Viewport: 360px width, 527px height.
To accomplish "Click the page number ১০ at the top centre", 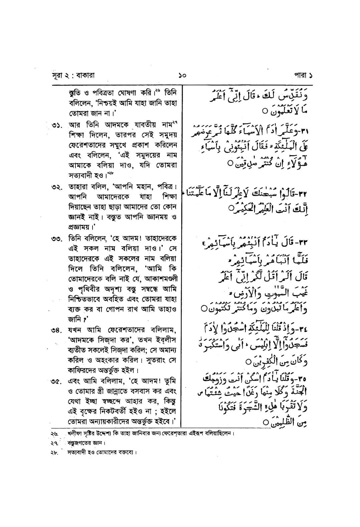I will tap(182, 75).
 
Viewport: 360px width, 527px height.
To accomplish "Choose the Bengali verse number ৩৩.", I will tap(58, 239).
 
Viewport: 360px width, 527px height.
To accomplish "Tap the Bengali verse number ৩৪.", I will tap(58, 330).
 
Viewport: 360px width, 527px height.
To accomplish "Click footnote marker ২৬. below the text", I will tap(54, 434).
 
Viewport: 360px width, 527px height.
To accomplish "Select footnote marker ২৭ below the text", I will tap(54, 443).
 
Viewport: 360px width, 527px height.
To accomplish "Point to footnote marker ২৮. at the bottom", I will tap(54, 453).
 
